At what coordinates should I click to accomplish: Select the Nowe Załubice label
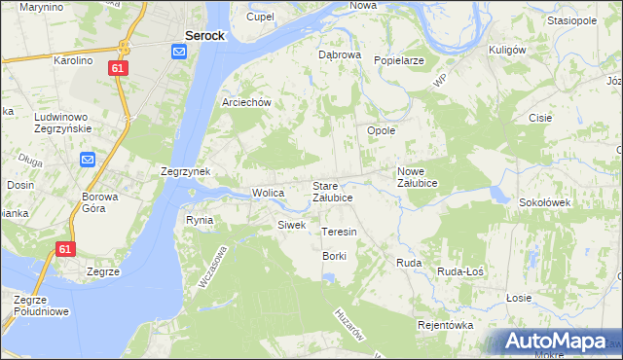(x=417, y=177)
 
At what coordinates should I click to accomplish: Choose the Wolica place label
(x=268, y=193)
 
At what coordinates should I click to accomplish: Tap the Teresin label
(x=339, y=233)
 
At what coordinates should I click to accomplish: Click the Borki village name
(x=335, y=256)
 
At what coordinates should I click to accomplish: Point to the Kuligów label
(x=507, y=49)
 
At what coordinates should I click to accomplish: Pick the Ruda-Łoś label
(x=460, y=271)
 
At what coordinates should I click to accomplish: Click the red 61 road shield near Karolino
(x=118, y=68)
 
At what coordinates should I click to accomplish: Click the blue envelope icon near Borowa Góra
(x=89, y=160)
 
